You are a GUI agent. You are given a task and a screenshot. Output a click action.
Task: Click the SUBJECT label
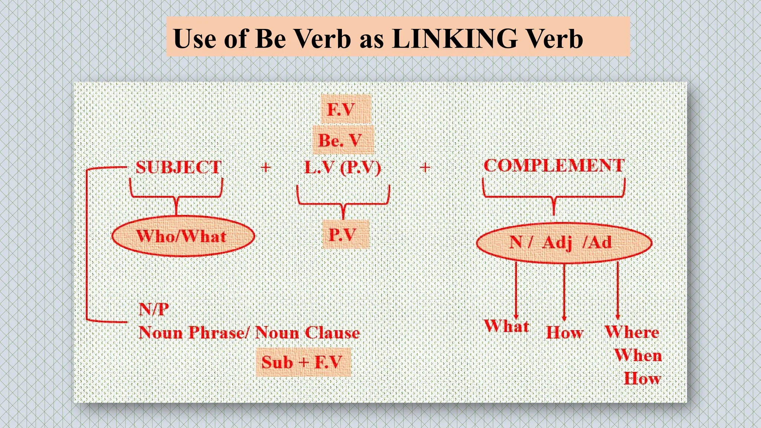[x=178, y=167]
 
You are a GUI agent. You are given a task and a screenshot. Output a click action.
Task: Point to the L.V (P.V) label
[x=342, y=168]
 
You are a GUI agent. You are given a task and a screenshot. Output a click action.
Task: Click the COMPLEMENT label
[x=554, y=165]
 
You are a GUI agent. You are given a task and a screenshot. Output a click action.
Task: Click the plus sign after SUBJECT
[x=265, y=168]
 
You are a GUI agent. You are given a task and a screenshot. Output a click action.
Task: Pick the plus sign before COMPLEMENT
[x=425, y=168]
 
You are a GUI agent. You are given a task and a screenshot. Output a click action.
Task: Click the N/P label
[x=153, y=309]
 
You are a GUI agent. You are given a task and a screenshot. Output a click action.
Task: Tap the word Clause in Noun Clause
[x=332, y=333]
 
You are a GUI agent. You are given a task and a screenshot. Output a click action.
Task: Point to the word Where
[x=632, y=332]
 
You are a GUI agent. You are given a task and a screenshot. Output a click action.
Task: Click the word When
[x=638, y=356]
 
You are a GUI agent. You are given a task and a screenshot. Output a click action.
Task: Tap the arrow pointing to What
[x=516, y=290]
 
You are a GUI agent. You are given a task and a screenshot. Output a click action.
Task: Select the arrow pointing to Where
[x=618, y=290]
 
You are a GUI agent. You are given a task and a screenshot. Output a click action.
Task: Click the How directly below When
[x=642, y=379]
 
